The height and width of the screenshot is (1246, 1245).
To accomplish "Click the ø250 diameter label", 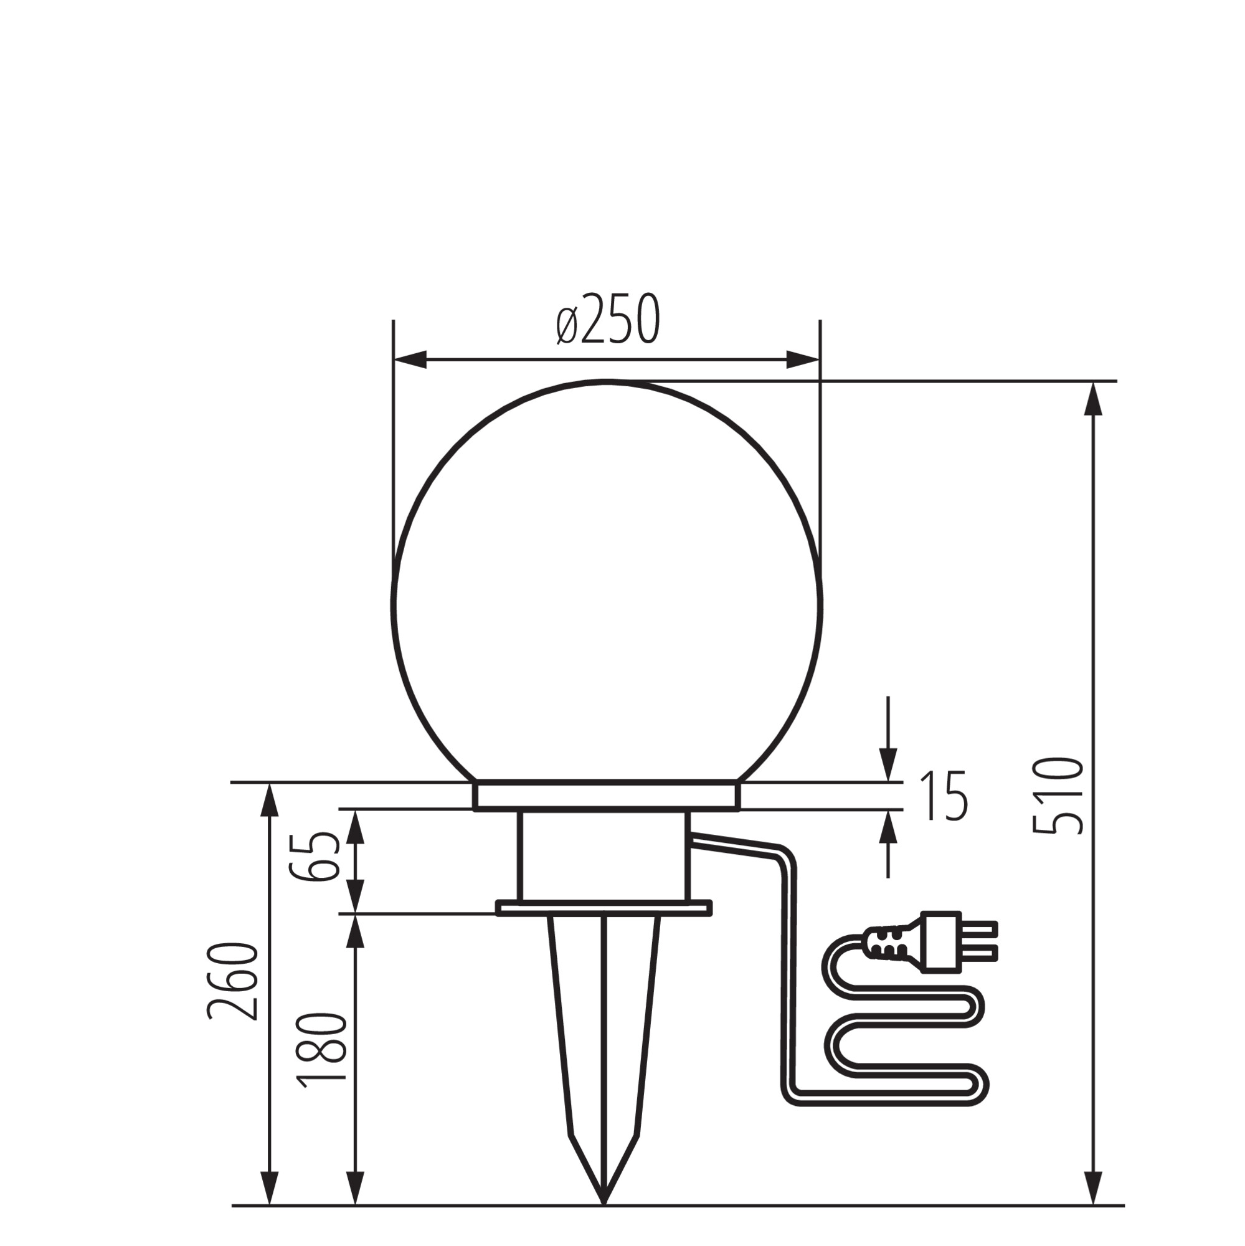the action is coord(608,319).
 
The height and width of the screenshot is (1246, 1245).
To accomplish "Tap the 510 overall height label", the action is coord(1058,796).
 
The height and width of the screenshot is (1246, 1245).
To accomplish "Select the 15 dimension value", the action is coord(944,796).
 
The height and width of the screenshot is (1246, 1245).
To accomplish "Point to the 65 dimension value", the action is coord(314,857).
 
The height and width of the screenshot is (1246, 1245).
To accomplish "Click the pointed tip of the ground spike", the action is coord(604,1203).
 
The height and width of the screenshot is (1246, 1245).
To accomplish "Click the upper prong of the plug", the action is coord(979,928).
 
